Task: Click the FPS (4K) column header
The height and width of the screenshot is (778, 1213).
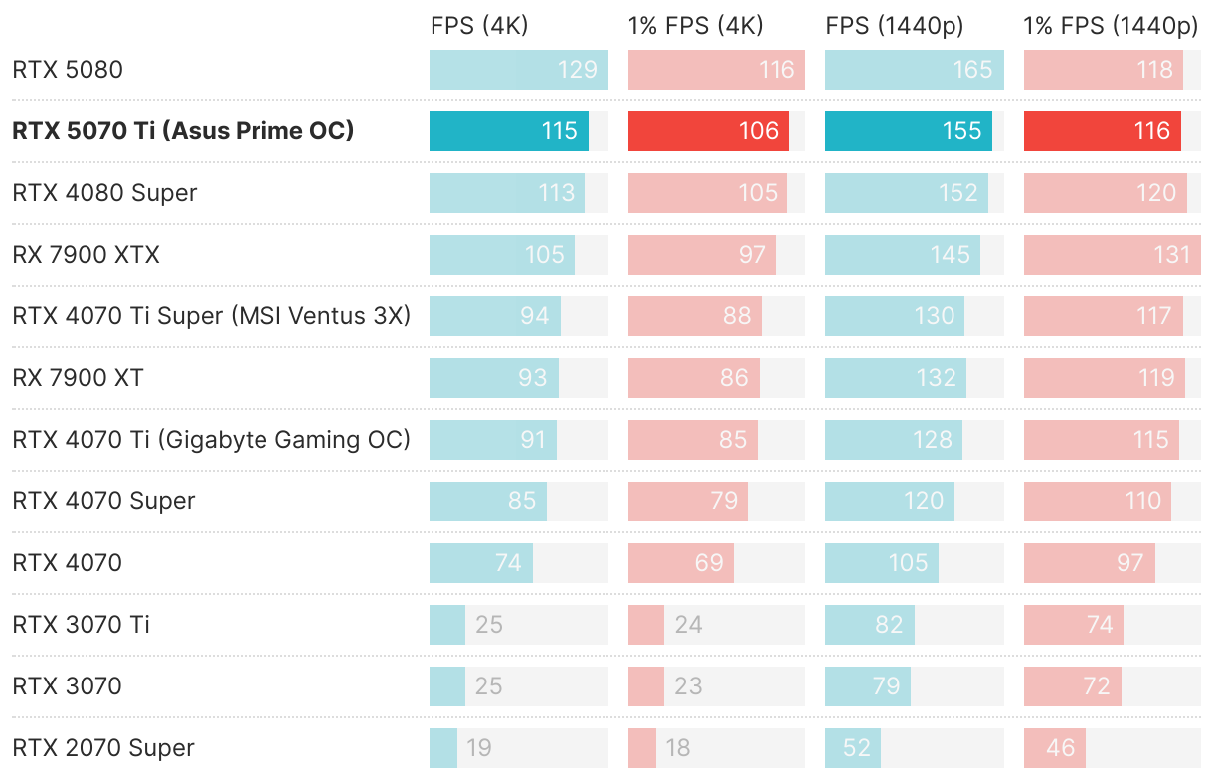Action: click(x=478, y=27)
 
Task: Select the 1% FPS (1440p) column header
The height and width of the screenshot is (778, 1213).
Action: click(x=1111, y=27)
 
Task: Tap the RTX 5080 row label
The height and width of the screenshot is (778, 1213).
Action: click(x=68, y=70)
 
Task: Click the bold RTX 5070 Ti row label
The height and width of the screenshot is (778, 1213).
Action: click(x=183, y=131)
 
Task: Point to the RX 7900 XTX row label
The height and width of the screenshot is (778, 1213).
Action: click(x=86, y=255)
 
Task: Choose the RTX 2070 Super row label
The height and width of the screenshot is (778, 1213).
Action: click(x=103, y=748)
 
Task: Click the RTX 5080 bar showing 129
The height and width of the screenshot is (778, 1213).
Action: click(x=518, y=70)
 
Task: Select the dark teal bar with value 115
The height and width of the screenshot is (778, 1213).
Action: click(x=508, y=131)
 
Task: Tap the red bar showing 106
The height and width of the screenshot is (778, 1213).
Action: click(x=708, y=131)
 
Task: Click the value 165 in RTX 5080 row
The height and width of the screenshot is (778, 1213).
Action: click(x=972, y=70)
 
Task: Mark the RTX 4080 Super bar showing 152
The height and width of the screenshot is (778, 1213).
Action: click(x=906, y=193)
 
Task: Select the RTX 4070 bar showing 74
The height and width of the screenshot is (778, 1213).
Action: click(x=480, y=563)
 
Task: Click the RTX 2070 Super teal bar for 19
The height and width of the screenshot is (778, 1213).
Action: click(x=443, y=748)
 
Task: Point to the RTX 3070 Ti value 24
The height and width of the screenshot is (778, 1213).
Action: click(x=688, y=625)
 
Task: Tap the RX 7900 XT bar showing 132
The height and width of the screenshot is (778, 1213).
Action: click(x=896, y=378)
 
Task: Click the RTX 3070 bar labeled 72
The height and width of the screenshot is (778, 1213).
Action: click(x=1072, y=686)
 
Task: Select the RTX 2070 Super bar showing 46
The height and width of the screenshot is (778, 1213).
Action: click(x=1054, y=748)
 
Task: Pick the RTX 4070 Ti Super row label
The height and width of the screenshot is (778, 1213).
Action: click(x=211, y=316)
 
